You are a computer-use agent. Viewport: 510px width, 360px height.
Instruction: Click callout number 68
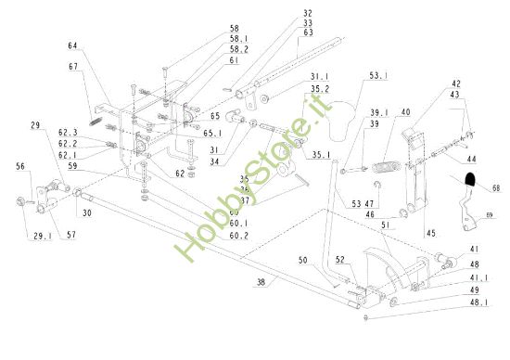[496, 187]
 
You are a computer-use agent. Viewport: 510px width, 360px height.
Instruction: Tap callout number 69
[489, 215]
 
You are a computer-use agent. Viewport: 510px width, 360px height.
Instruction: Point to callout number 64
[71, 45]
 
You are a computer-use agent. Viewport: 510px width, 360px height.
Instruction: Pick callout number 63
[307, 32]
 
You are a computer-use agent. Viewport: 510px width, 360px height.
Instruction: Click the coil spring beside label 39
[385, 168]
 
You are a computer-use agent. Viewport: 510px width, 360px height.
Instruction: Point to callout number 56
[19, 167]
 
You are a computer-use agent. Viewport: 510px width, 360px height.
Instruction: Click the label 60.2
[239, 236]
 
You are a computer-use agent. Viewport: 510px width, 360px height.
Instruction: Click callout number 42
[455, 84]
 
